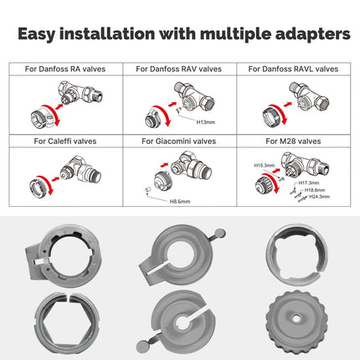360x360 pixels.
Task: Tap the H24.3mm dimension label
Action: (319, 197)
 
